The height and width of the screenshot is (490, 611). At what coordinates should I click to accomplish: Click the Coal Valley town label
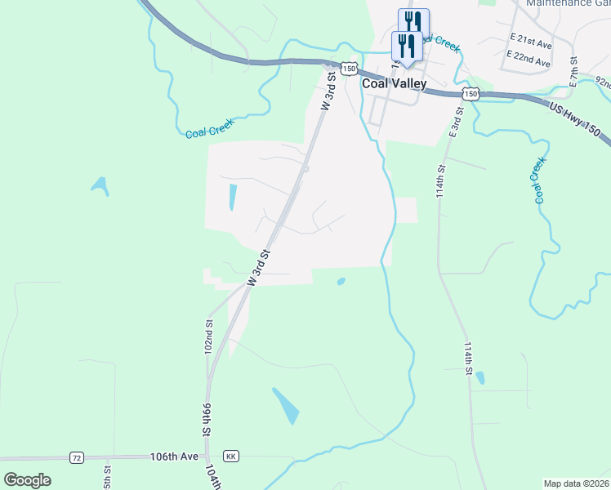(x=394, y=83)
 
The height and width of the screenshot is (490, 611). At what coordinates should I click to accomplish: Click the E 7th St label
(x=574, y=72)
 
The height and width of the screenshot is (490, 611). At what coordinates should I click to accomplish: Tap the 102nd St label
(x=209, y=336)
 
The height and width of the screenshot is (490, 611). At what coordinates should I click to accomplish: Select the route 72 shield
(x=77, y=457)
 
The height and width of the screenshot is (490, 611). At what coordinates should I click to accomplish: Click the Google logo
(x=27, y=480)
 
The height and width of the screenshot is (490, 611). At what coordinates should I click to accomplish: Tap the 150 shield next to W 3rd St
(x=350, y=69)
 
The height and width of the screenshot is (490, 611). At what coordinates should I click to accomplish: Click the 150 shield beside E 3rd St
(x=471, y=94)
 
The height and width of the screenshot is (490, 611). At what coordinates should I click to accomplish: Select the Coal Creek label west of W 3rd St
(x=209, y=128)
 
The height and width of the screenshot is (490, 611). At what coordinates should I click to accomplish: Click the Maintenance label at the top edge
(x=549, y=3)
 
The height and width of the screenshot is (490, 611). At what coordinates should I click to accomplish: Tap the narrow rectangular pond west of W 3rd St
(x=233, y=198)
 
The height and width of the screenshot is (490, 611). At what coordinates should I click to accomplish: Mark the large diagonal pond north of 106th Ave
(x=286, y=405)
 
